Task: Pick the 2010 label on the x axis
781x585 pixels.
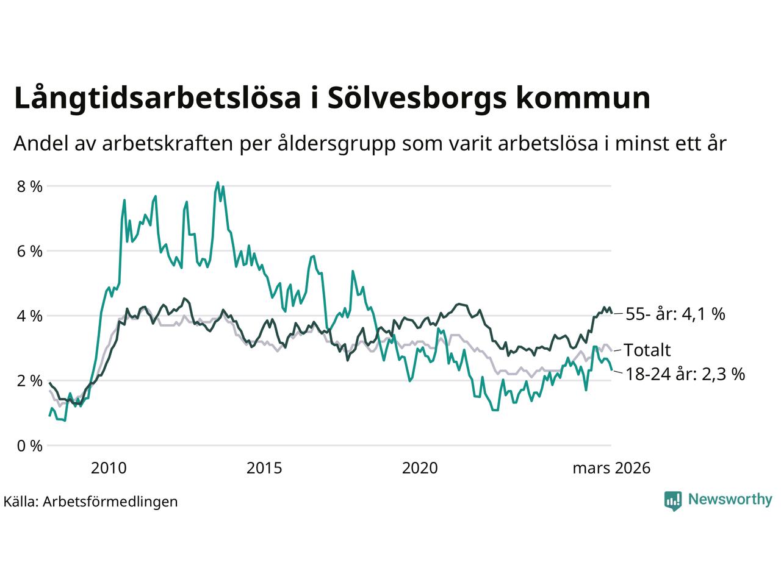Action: tap(109, 468)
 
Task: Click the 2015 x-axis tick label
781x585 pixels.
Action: tap(264, 468)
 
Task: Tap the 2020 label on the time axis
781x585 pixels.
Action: tap(420, 468)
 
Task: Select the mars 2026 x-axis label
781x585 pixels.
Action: tap(611, 468)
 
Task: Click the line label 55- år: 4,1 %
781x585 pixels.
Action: tap(675, 314)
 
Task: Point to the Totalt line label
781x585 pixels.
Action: tap(647, 350)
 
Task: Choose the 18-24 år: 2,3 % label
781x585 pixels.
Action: tap(685, 374)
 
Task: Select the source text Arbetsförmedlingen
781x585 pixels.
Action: tap(110, 502)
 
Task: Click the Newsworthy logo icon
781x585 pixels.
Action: tap(673, 500)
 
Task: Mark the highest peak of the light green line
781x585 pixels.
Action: tap(217, 182)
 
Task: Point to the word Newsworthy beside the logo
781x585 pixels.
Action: tap(730, 500)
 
